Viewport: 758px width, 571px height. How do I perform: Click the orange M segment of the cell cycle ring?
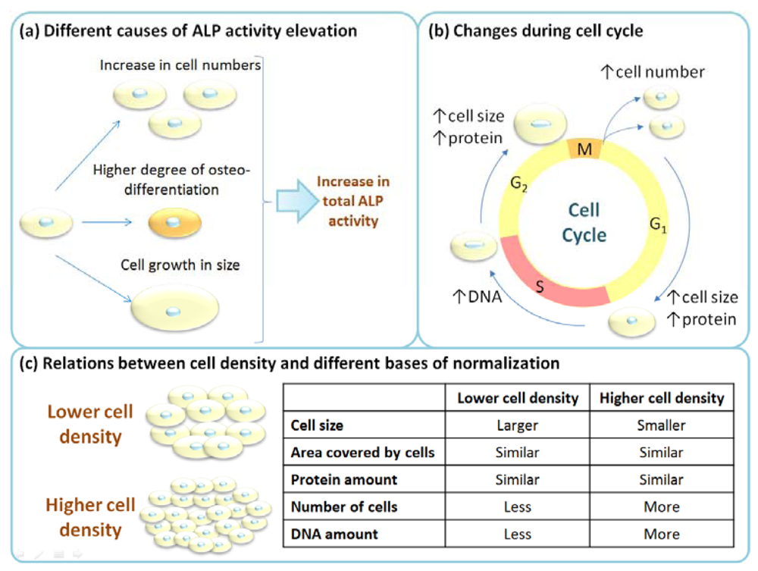584,149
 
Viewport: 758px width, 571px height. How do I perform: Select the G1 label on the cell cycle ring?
657,225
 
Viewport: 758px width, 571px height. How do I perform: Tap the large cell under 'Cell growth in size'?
175,310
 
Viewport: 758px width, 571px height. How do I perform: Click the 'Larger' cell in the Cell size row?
517,425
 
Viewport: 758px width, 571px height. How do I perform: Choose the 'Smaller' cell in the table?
662,425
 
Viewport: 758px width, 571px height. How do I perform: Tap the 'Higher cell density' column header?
662,398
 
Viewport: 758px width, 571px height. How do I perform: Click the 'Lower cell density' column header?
517,398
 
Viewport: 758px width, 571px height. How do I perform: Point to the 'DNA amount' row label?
334,534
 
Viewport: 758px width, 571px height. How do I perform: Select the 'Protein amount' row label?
343,480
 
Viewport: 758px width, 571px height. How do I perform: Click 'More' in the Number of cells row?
662,507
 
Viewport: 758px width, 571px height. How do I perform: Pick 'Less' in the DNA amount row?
517,534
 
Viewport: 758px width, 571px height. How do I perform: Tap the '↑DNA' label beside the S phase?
475,297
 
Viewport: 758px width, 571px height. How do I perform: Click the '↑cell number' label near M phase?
653,73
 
